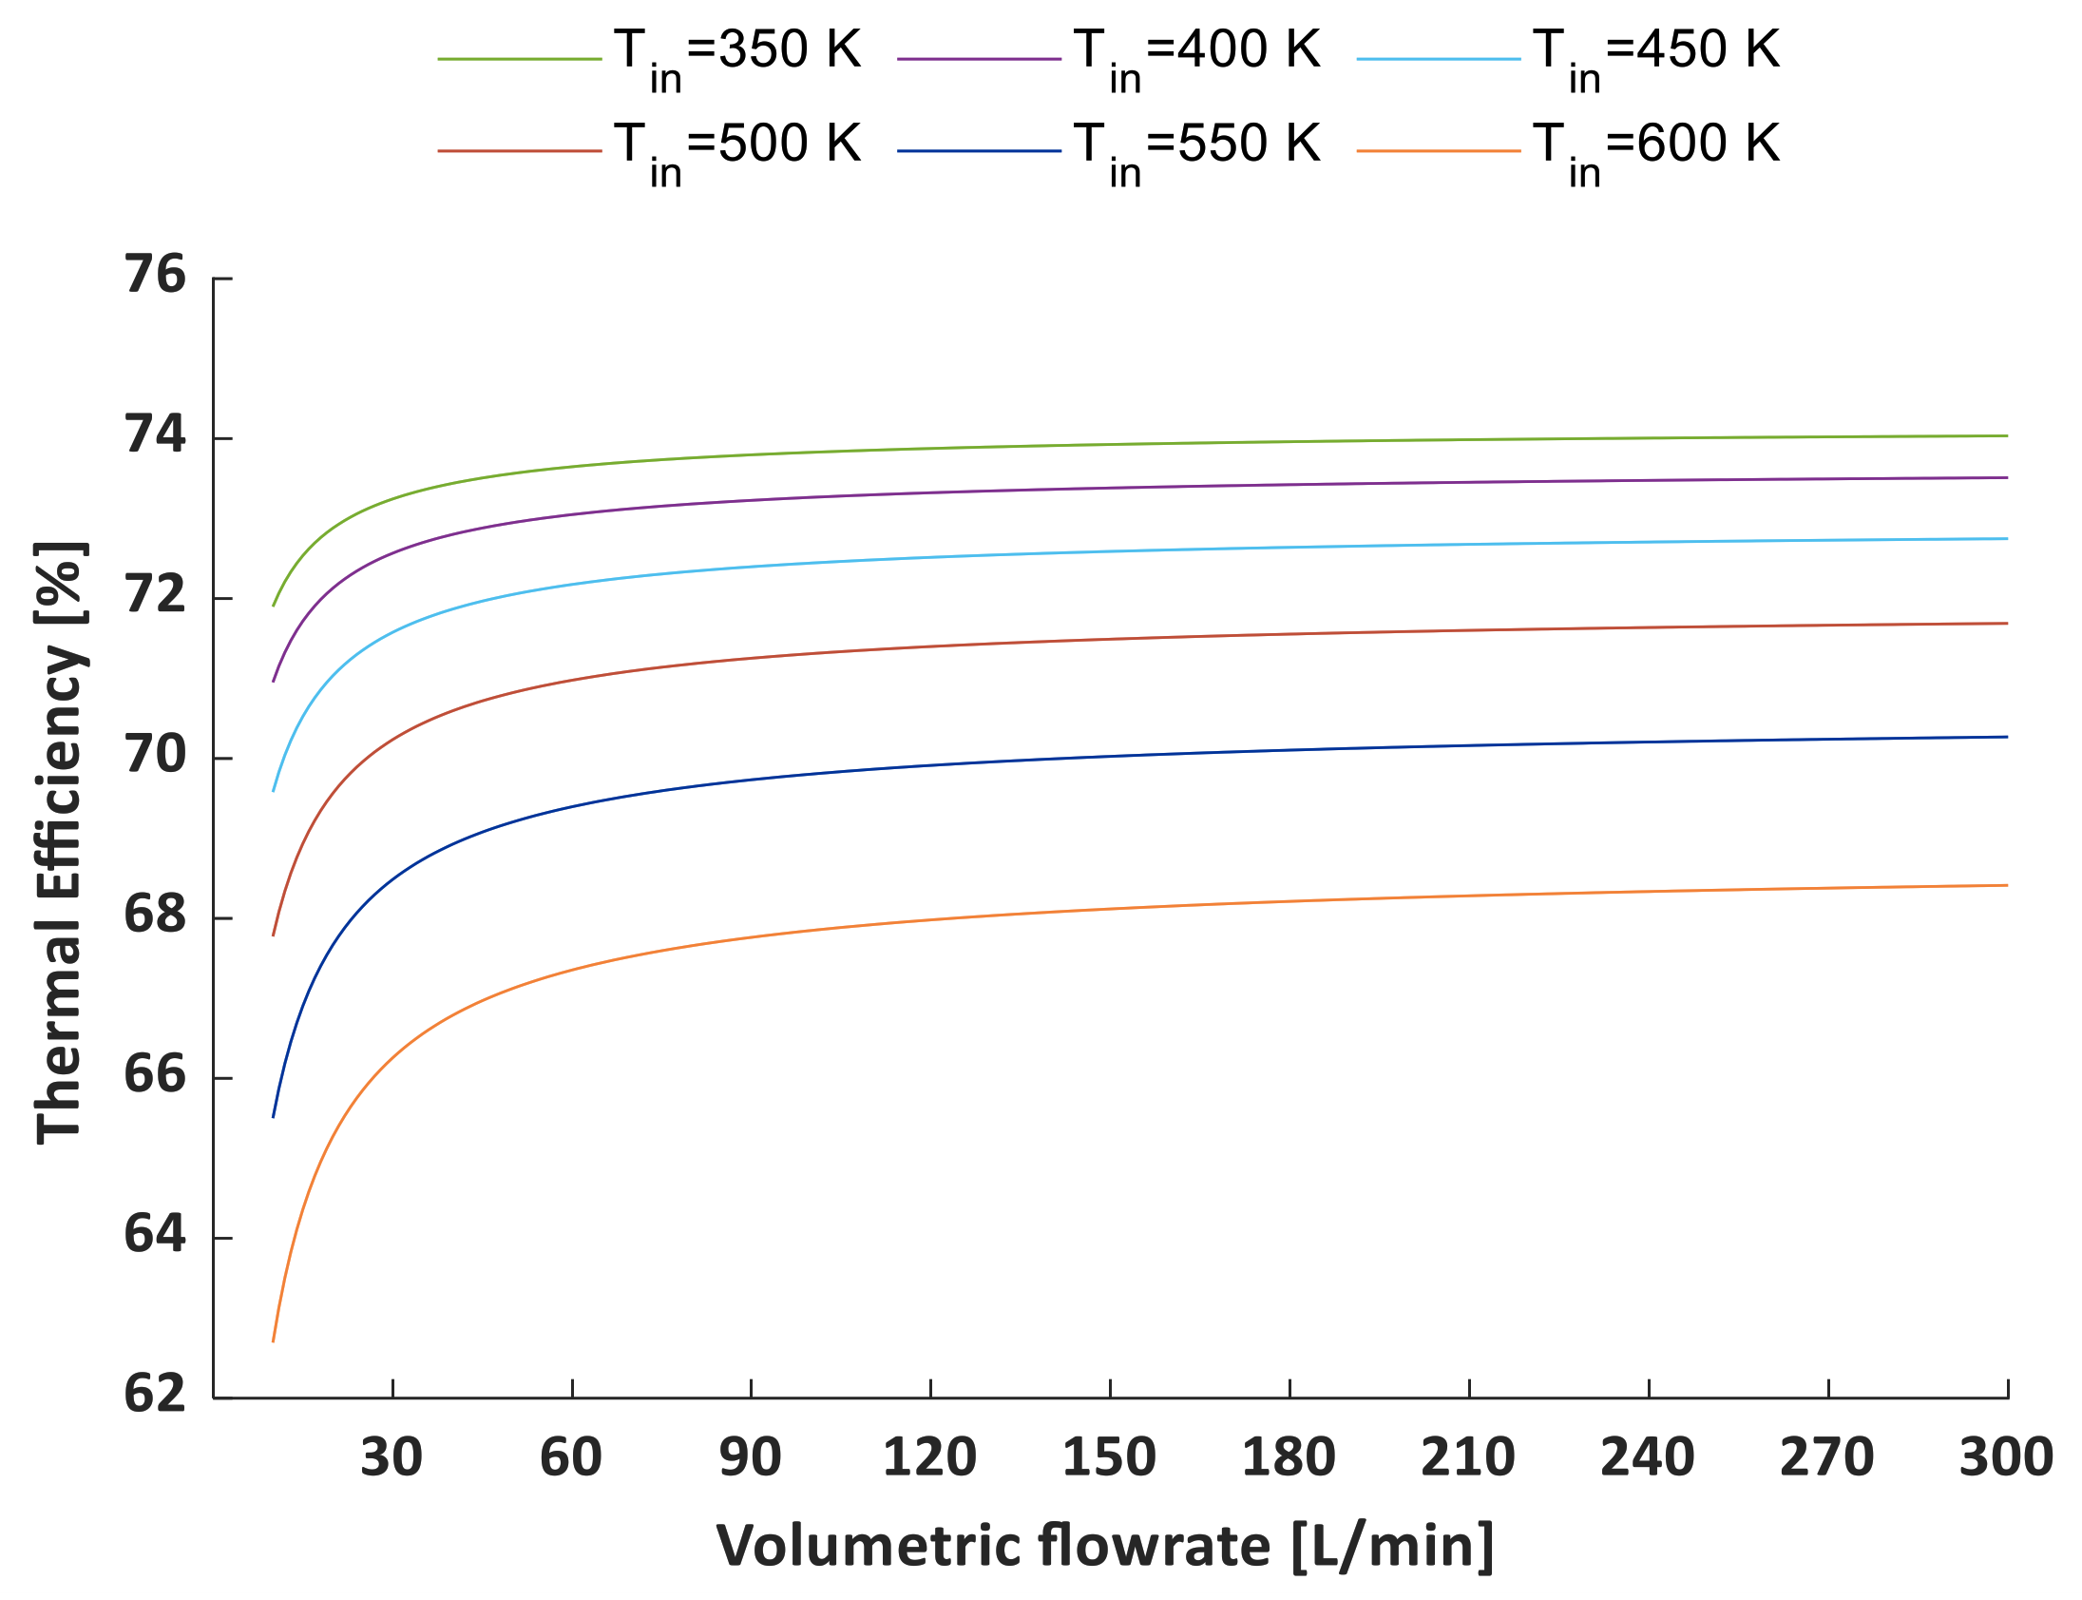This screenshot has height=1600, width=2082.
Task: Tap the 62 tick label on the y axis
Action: tap(155, 1394)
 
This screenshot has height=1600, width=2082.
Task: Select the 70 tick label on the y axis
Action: tap(155, 754)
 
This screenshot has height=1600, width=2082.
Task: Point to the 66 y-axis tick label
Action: tap(155, 1074)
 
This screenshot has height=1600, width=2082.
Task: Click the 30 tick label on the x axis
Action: tap(392, 1458)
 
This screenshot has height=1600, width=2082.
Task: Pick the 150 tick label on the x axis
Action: tap(1109, 1458)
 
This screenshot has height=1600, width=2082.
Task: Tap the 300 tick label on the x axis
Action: tap(2006, 1458)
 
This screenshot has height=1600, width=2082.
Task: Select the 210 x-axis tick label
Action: tap(1468, 1458)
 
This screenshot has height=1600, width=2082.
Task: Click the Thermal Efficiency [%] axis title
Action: tap(59, 842)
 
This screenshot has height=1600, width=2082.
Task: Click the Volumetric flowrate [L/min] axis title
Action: tap(1104, 1545)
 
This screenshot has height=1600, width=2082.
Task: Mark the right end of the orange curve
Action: tap(2007, 886)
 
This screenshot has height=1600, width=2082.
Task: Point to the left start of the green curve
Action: tap(274, 606)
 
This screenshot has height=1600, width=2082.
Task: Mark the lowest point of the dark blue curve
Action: tap(274, 1117)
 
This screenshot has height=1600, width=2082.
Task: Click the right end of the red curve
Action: tap(2007, 624)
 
